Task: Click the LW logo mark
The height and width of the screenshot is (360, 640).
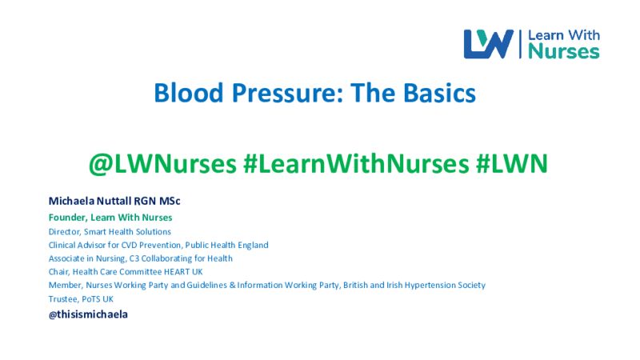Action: point(488,44)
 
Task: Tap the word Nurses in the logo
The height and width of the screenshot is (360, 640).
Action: point(564,51)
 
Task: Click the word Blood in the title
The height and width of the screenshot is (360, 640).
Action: point(189,93)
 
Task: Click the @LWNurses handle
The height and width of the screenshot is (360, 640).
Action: point(162,164)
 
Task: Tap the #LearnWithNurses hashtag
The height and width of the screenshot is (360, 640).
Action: point(356,164)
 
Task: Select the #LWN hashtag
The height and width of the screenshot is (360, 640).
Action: point(511,164)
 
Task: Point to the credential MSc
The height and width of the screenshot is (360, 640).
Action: point(170,201)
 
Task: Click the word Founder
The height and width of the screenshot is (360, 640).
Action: point(68,218)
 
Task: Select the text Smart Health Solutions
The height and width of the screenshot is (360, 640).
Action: point(127,231)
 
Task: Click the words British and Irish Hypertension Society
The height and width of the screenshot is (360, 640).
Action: point(414,286)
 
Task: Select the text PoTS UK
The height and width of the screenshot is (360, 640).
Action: point(97,299)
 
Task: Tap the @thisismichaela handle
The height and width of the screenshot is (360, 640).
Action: point(88,314)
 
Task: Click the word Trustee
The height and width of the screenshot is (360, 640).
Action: point(63,299)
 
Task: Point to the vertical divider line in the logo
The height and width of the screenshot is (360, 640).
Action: point(521,44)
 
